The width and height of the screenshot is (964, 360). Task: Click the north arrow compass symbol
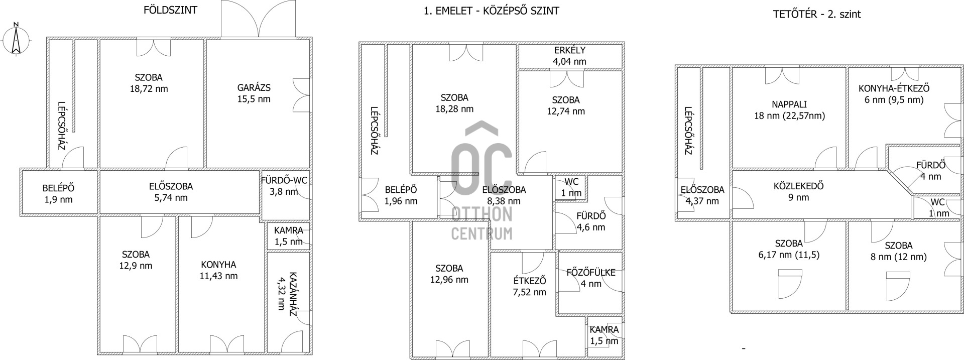pos(16,39)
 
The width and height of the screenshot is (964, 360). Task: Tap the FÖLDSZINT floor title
pos(171,10)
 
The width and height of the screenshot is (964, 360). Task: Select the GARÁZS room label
pos(254,88)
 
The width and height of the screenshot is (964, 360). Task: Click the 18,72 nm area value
pos(148,89)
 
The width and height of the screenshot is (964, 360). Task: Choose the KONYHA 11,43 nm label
pos(218,270)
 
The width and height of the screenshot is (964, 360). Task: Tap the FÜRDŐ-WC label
pos(284,180)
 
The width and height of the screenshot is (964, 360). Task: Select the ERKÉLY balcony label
pos(570,51)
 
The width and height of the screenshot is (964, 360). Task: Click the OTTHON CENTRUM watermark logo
pos(482,181)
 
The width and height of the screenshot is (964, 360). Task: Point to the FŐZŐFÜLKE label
pos(591,273)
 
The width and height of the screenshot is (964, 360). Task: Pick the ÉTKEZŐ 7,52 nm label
pos(530,286)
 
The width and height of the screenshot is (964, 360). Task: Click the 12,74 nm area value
pos(566,111)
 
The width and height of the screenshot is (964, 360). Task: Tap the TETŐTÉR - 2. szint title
pos(817,14)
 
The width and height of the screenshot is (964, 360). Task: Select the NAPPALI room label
pos(789,104)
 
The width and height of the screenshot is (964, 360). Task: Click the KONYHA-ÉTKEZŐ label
pos(894,88)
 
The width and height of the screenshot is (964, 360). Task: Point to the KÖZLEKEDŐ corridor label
pos(798,186)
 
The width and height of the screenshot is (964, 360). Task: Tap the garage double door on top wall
pos(258,19)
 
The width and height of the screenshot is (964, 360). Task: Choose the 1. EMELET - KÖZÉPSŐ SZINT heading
pos(492,11)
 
